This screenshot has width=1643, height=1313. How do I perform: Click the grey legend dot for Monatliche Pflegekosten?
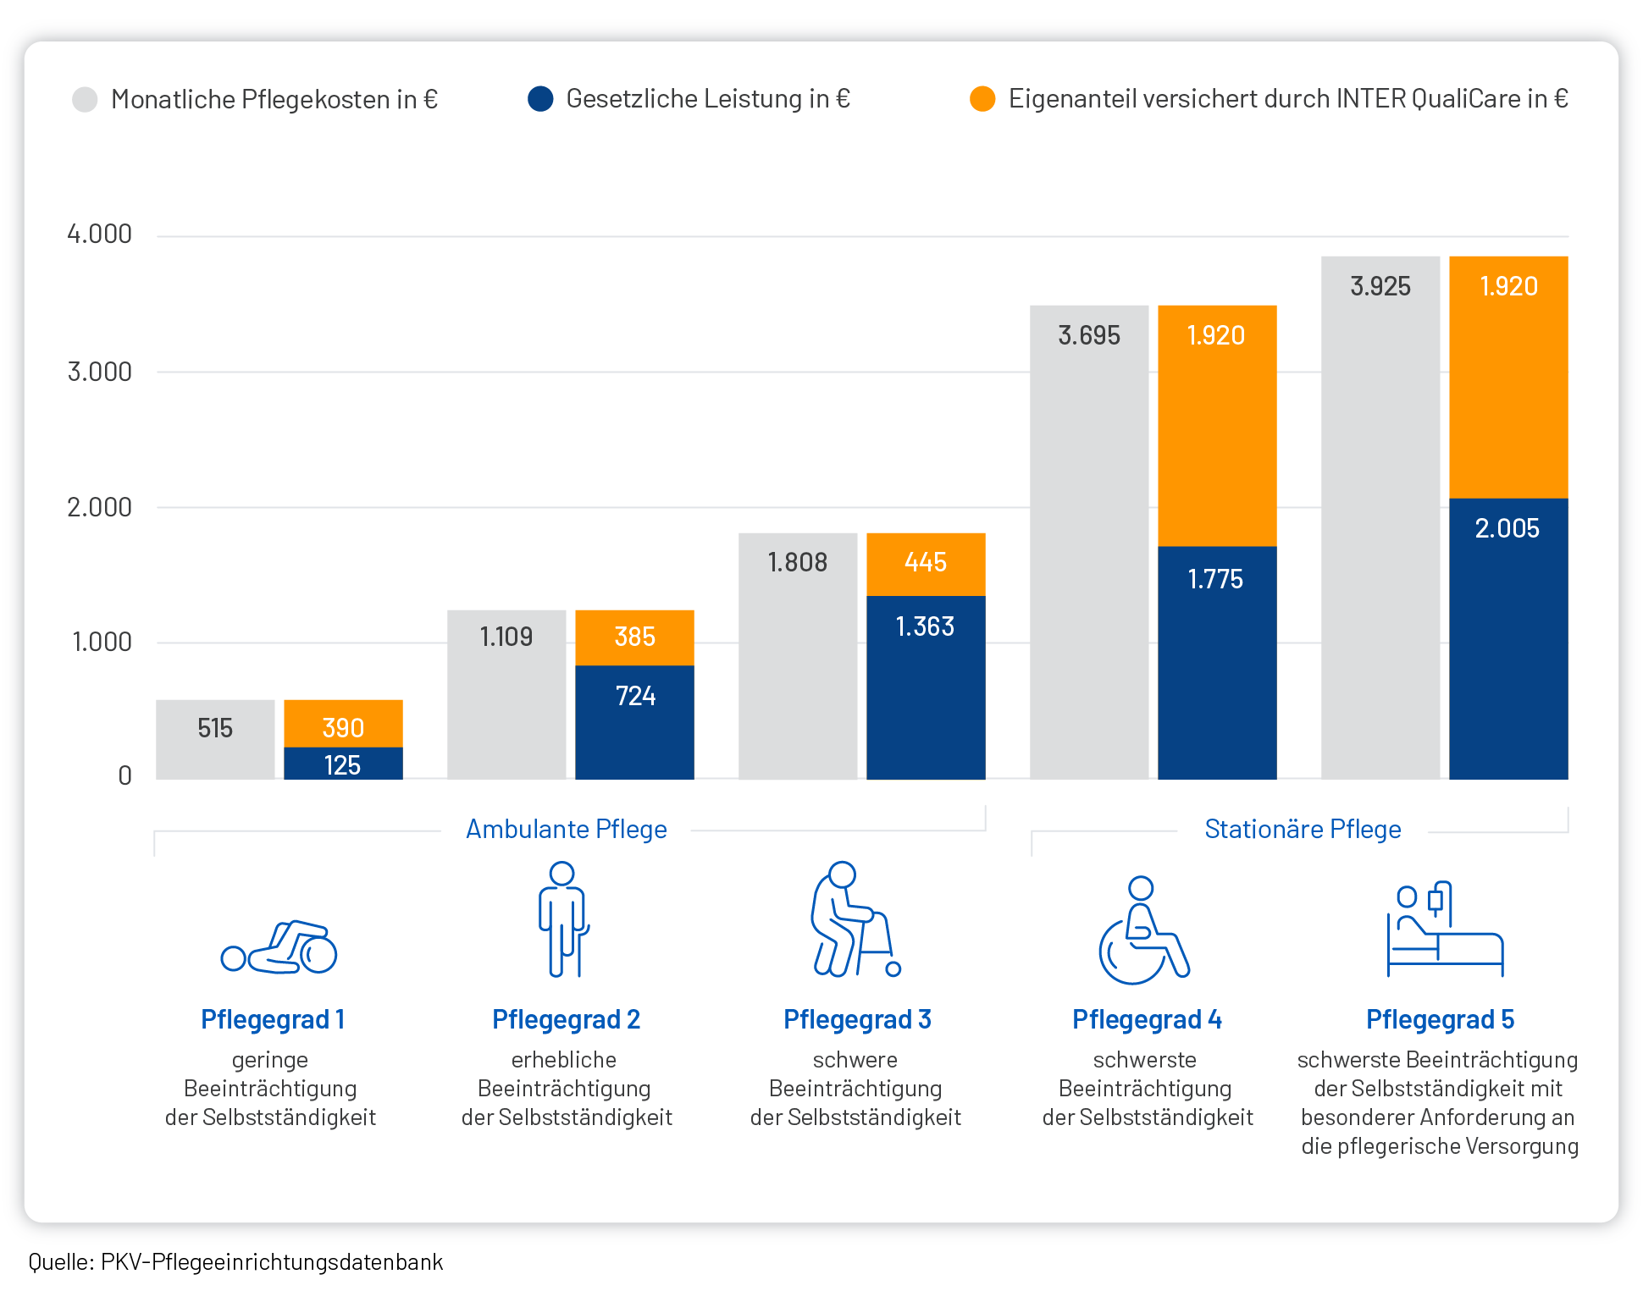click(x=85, y=99)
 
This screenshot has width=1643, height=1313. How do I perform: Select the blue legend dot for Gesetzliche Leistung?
click(x=540, y=99)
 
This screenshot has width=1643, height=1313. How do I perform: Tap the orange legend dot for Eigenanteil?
click(x=982, y=99)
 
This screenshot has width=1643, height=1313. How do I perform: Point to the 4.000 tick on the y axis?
click(x=100, y=234)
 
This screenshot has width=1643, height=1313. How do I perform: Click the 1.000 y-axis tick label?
click(x=102, y=643)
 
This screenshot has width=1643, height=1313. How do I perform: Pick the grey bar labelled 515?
click(x=215, y=739)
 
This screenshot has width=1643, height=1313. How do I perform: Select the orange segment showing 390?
click(x=343, y=725)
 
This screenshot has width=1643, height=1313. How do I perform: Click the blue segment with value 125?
click(x=343, y=764)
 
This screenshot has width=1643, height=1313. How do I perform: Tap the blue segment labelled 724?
click(x=634, y=722)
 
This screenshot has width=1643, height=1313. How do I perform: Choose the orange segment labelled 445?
click(x=926, y=564)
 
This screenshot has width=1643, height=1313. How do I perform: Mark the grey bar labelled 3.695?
click(x=1089, y=542)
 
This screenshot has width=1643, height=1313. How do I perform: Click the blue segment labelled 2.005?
click(x=1508, y=639)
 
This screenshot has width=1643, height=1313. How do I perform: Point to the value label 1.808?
click(x=797, y=563)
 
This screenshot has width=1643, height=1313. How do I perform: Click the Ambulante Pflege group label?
click(x=567, y=830)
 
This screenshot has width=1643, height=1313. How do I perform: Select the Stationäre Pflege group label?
click(x=1303, y=830)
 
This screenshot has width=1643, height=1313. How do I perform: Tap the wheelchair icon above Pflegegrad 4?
click(x=1143, y=930)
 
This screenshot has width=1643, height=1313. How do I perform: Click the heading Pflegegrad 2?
click(x=566, y=1020)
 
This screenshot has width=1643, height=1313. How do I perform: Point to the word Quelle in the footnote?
click(x=60, y=1262)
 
